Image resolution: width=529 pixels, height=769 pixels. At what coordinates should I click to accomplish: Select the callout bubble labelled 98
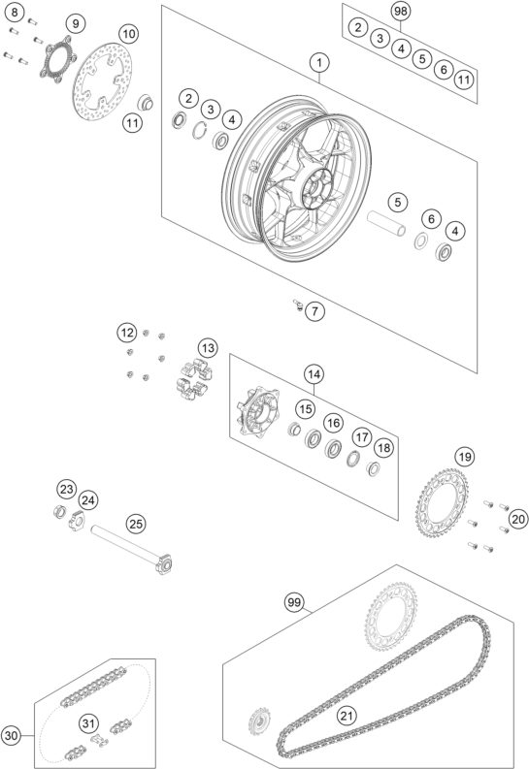[x=401, y=11]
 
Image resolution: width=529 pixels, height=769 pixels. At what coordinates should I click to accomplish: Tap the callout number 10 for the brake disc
[x=128, y=33]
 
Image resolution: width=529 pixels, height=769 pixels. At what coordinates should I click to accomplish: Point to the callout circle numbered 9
[x=77, y=22]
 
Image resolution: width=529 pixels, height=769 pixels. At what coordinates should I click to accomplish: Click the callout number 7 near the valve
[x=316, y=311]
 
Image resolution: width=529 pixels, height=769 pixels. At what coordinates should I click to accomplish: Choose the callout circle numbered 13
[x=209, y=348]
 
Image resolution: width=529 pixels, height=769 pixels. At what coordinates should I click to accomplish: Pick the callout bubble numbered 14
[x=313, y=373]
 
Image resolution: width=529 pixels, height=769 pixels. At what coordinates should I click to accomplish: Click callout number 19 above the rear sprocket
[x=465, y=456]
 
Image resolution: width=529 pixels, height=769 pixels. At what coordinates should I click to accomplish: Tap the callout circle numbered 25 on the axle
[x=136, y=525]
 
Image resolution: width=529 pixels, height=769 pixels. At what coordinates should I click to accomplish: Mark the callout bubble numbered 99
[x=294, y=603]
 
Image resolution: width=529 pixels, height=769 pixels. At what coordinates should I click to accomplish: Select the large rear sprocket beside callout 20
[x=448, y=510]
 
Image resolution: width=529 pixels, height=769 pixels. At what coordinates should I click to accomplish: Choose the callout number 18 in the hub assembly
[x=383, y=447]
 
